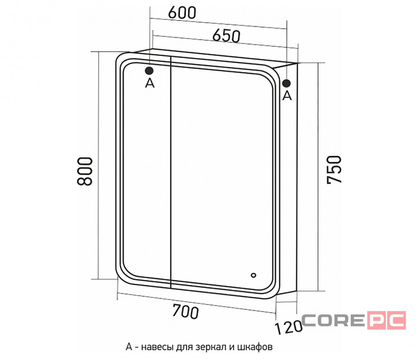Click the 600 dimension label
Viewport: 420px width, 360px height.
tap(182, 12)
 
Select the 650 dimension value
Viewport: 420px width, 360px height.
tap(226, 36)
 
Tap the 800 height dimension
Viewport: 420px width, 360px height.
tap(84, 171)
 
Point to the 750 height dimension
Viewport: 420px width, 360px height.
tap(334, 170)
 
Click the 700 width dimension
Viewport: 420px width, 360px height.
tap(186, 311)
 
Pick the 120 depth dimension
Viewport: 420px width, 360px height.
tap(288, 328)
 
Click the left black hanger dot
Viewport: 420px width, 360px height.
tap(149, 71)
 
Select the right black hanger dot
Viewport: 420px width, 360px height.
tap(286, 83)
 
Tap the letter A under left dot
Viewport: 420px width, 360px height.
tap(150, 83)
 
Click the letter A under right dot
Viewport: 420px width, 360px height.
tap(287, 95)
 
